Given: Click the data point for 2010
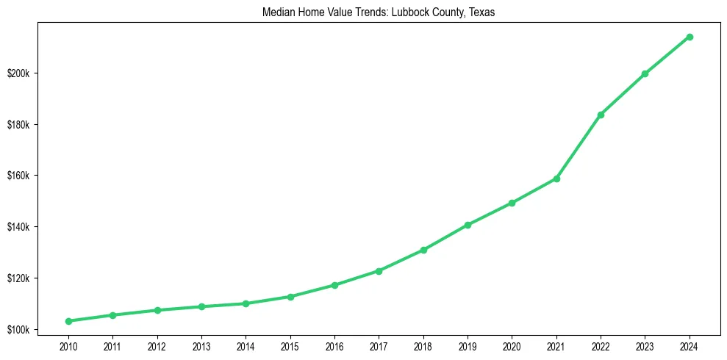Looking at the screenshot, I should click(68, 321).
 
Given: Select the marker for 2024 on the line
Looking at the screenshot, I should click(690, 37).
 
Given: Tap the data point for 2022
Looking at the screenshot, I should click(601, 115).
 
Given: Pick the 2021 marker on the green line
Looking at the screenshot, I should click(556, 179).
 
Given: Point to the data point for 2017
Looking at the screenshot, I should click(379, 271).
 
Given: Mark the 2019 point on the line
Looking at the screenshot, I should click(468, 225).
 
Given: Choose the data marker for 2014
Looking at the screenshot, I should click(246, 303).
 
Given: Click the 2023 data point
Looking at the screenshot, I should click(645, 73).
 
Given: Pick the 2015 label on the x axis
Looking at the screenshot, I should click(290, 345).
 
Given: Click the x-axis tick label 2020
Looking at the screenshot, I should click(512, 345).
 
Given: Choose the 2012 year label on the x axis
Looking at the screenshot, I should click(157, 345).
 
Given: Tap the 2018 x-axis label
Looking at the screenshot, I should click(423, 345).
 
